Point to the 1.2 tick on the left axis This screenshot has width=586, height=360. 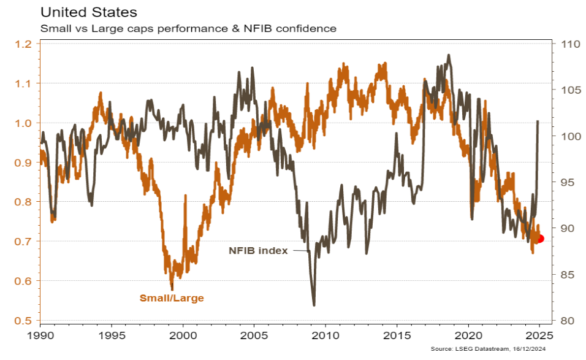pos(24,44)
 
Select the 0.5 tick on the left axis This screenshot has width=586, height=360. pos(24,321)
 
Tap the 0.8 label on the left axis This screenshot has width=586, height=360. pos(24,202)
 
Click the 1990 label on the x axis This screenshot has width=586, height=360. pos(40,337)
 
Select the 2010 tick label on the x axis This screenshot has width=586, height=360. pos(325,337)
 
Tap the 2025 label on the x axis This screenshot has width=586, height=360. pos(539,337)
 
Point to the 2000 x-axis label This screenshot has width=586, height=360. pos(183,337)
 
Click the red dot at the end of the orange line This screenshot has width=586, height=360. pos(540,239)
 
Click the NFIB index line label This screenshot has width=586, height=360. pos(258,250)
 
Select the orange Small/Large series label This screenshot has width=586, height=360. pos(172,298)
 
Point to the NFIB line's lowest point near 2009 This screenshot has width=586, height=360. pos(314,305)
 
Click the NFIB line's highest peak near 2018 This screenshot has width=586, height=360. pos(449,55)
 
